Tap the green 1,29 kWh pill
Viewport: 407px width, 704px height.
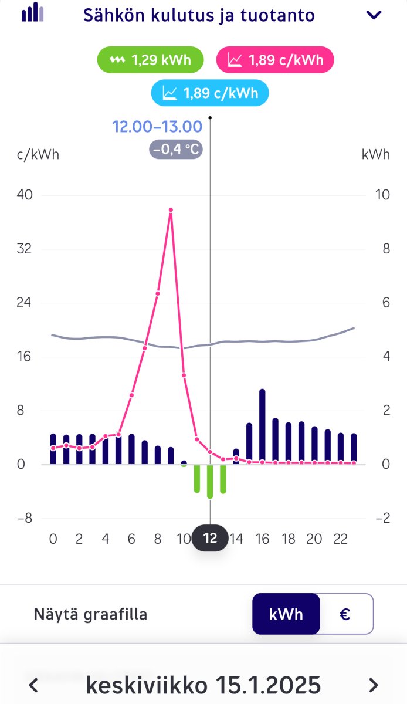point(151,60)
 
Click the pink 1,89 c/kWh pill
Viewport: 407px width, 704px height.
point(275,60)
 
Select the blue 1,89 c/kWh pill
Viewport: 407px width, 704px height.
point(210,93)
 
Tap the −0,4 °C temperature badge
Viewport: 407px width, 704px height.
point(176,149)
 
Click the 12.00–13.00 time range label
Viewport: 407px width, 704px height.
point(157,126)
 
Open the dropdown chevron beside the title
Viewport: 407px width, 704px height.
point(374,15)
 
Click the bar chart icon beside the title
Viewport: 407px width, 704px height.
point(33,13)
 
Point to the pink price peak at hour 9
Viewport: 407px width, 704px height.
point(171,209)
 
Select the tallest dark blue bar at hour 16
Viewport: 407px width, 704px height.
point(262,425)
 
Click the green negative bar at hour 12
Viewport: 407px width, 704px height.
point(210,481)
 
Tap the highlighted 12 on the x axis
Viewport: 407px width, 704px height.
point(210,539)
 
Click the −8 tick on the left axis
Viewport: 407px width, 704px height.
point(24,519)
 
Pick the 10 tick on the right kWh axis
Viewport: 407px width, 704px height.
point(382,195)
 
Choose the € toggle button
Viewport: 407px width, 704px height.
point(345,614)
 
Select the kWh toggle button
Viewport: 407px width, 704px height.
point(286,614)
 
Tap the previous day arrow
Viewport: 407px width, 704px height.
point(34,685)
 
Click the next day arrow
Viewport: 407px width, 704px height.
point(373,685)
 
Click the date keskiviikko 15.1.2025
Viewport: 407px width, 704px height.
point(203,685)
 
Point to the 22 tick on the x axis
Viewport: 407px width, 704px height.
point(340,539)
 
